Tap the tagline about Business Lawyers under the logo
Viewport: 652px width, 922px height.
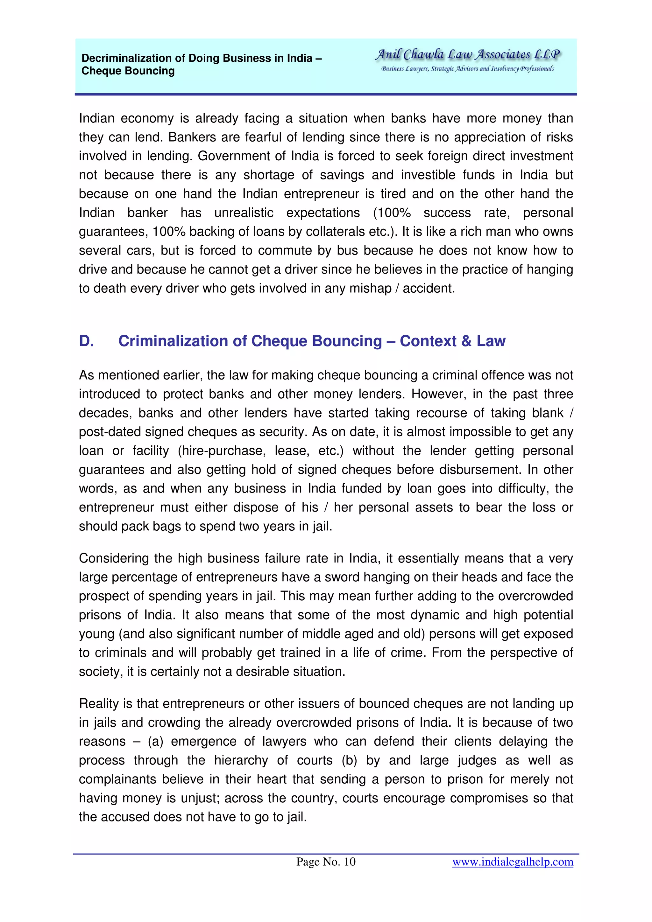(467, 69)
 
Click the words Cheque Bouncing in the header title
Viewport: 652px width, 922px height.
(128, 71)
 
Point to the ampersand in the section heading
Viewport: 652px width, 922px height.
(466, 341)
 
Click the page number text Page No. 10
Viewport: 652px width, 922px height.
(326, 862)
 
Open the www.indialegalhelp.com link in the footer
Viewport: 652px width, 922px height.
(513, 862)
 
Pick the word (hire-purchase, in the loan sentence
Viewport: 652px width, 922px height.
(222, 451)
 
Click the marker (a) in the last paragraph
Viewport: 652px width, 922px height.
(155, 741)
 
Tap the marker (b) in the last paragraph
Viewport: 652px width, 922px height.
(350, 760)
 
